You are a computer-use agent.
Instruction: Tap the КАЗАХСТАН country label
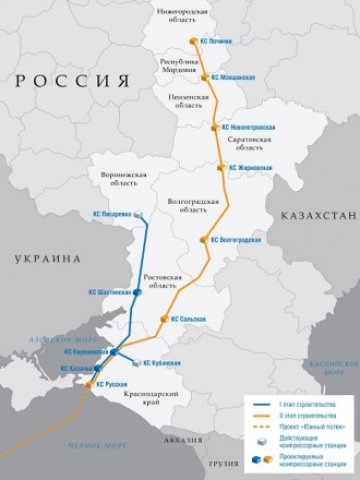tap(313, 215)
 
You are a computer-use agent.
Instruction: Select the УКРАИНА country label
tap(45, 258)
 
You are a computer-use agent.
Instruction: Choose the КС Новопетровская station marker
tap(214, 128)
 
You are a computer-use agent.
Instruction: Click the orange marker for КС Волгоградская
tap(204, 240)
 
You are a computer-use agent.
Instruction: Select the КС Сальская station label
tap(188, 319)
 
